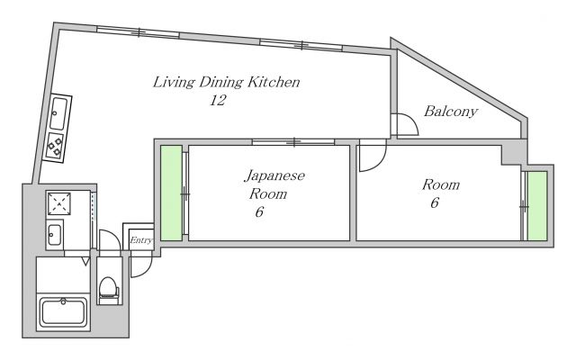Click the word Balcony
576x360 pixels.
450,112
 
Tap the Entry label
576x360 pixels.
140,239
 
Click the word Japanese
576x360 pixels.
274,175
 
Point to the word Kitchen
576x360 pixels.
274,83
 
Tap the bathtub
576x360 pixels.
62,312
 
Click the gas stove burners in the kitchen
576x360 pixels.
56,145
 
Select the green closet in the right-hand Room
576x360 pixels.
536,206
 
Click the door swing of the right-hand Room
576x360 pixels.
368,158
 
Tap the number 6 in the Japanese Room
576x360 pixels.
259,212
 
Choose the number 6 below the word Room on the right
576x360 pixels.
434,203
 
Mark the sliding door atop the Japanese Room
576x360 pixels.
293,141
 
